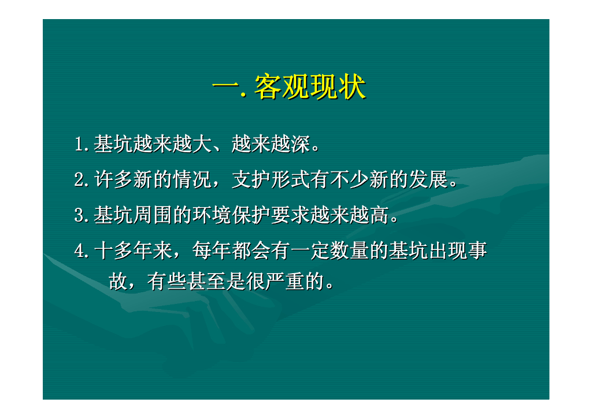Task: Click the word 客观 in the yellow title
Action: click(x=282, y=87)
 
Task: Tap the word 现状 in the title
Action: click(x=338, y=87)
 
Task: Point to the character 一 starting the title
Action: click(x=226, y=87)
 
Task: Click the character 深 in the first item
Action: click(x=300, y=144)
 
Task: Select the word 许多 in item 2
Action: click(x=113, y=179)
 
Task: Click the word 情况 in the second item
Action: click(x=192, y=179)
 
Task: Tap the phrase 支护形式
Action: click(x=271, y=179)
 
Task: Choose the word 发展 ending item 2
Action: click(x=428, y=179)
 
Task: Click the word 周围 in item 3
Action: click(x=153, y=215)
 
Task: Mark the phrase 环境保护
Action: click(x=231, y=215)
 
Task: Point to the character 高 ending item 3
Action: click(x=379, y=215)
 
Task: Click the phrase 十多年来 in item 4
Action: click(x=134, y=251)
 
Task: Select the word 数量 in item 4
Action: click(x=350, y=251)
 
